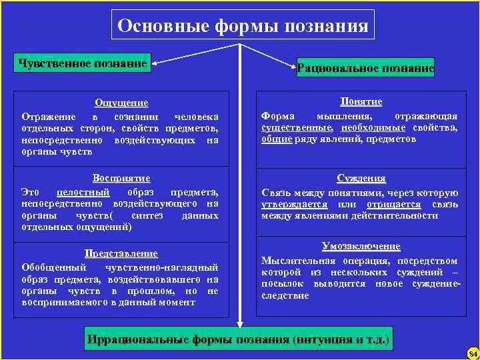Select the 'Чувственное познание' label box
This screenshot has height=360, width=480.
point(83,63)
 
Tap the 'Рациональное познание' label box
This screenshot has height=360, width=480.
point(365,68)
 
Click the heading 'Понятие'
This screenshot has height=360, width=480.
point(361,101)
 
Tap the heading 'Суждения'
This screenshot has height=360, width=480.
point(361,179)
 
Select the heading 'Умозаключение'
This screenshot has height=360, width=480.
point(361,246)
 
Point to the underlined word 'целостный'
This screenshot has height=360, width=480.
point(82,192)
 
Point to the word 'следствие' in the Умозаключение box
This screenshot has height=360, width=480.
point(285,295)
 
